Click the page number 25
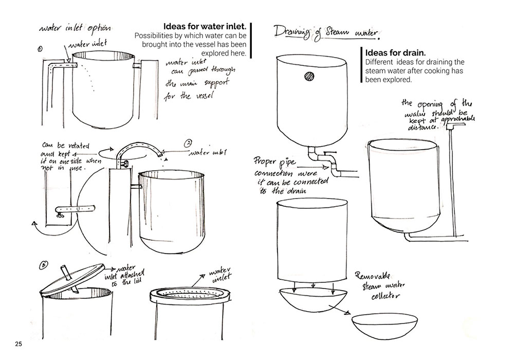pos(19,344)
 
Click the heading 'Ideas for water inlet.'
pos(205,26)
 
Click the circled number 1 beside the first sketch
pos(40,49)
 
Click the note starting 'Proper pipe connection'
pos(278,174)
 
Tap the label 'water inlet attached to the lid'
pos(126,275)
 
